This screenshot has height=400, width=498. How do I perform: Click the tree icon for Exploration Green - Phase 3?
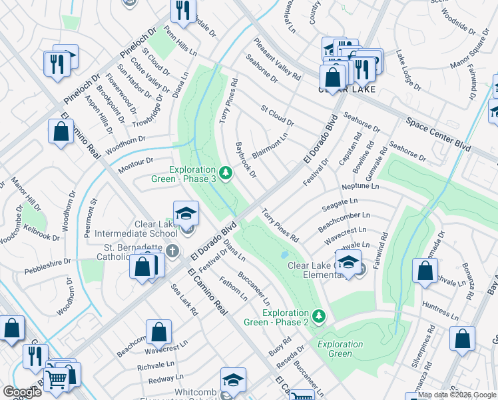pyautogui.click(x=226, y=174)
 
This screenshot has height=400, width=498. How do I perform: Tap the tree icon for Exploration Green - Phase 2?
pyautogui.click(x=319, y=315)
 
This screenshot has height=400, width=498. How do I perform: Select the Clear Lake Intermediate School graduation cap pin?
pyautogui.click(x=186, y=215)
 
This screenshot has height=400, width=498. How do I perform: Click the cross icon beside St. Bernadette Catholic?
pyautogui.click(x=172, y=251)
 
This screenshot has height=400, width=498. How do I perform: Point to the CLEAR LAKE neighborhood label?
pyautogui.click(x=346, y=89)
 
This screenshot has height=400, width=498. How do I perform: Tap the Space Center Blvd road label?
pyautogui.click(x=438, y=133)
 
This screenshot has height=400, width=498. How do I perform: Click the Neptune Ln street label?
pyautogui.click(x=360, y=187)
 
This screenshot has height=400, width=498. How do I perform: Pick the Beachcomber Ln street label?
pyautogui.click(x=344, y=219)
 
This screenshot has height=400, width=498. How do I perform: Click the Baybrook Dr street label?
pyautogui.click(x=246, y=160)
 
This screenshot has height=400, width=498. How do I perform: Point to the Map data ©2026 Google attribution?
pyautogui.click(x=457, y=395)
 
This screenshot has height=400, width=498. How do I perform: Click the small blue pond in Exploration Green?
pyautogui.click(x=285, y=255)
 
